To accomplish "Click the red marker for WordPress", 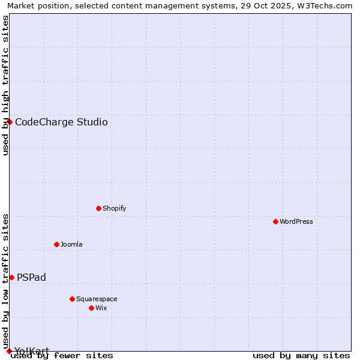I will [x=275, y=221].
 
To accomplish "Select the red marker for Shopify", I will [x=98, y=208].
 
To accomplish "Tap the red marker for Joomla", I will [x=56, y=244].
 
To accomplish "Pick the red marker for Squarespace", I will [x=72, y=299].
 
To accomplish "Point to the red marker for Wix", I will [x=91, y=308].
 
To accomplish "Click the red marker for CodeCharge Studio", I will [x=10, y=122].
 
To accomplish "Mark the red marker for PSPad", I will [x=11, y=277].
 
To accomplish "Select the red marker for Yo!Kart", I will [x=9, y=351].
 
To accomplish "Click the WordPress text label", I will [x=296, y=221].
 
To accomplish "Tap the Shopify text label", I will [x=114, y=208].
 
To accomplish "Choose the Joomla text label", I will [x=71, y=244].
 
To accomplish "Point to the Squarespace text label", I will [x=97, y=299].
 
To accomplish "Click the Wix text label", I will [x=101, y=308].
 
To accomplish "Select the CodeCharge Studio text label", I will [x=61, y=122].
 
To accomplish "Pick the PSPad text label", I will [x=31, y=277].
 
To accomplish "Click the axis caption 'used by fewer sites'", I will [x=62, y=356].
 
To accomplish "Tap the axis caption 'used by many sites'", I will [x=301, y=356].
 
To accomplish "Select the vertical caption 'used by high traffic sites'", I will [x=5, y=85].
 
